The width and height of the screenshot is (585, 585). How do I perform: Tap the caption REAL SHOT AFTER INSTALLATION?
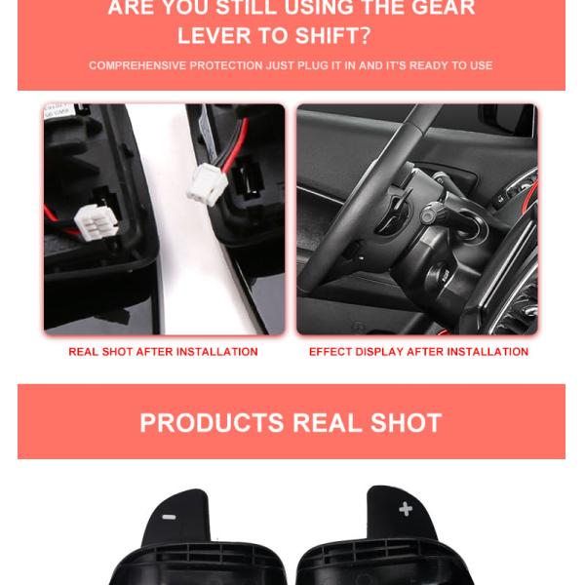pyautogui.click(x=163, y=352)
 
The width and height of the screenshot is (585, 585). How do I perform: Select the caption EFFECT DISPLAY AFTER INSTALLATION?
pyautogui.click(x=418, y=352)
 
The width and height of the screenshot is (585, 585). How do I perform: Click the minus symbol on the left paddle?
pyautogui.click(x=169, y=517)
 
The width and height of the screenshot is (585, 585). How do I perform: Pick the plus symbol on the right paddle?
pyautogui.click(x=406, y=509)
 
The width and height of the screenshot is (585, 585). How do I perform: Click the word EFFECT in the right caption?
pyautogui.click(x=332, y=352)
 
